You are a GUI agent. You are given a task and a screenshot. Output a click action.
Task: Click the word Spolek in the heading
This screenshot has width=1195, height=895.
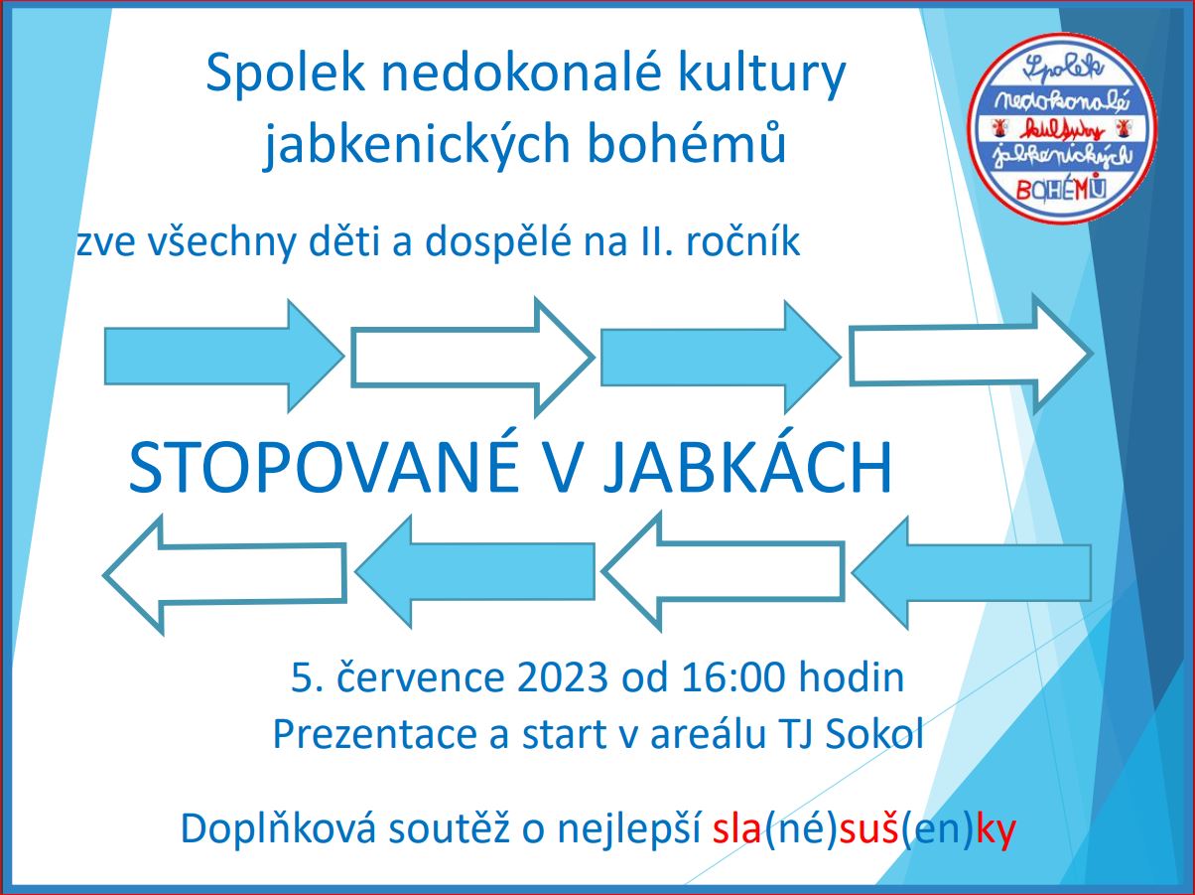(285, 73)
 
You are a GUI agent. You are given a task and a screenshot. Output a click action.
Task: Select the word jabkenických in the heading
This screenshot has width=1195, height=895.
(417, 144)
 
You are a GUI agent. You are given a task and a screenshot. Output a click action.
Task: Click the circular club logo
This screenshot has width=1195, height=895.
(1062, 128)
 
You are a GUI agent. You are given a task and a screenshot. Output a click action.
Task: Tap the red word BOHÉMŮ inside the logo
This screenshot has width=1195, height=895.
(1061, 189)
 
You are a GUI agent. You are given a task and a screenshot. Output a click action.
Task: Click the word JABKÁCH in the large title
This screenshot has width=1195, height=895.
(748, 468)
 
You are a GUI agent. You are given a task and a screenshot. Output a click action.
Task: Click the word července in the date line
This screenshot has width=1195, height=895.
(420, 677)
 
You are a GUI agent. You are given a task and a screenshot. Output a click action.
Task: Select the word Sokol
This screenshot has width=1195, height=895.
(874, 735)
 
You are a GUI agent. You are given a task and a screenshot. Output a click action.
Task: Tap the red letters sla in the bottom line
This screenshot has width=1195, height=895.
(736, 829)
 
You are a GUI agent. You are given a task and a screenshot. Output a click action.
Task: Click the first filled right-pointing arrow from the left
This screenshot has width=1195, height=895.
(223, 356)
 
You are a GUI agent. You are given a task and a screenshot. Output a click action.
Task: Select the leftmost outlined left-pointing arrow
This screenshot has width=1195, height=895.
(224, 573)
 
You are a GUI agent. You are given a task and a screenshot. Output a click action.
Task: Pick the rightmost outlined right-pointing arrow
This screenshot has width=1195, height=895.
(971, 354)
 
